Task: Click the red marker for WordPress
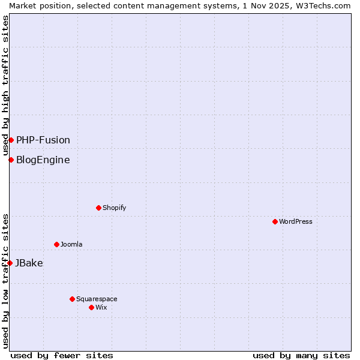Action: pos(275,221)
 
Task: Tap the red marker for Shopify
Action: pos(98,208)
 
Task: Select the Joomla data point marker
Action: pos(56,244)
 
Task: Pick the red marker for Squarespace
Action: pos(72,299)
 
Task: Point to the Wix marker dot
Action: pos(91,307)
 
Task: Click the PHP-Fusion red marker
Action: pos(11,140)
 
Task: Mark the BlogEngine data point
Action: pos(11,160)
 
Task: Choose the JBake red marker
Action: pos(10,263)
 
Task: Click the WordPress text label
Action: pos(296,221)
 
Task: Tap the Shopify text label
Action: pos(115,208)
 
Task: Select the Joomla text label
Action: pos(71,244)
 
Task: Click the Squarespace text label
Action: pos(97,299)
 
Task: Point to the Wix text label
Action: pos(101,307)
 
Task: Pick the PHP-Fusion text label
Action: pos(43,140)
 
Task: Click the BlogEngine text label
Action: pos(43,160)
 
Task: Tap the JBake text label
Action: pos(29,263)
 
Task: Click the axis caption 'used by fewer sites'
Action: pos(62,355)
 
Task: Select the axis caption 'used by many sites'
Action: pos(301,355)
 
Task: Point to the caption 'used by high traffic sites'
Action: pos(5,85)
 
